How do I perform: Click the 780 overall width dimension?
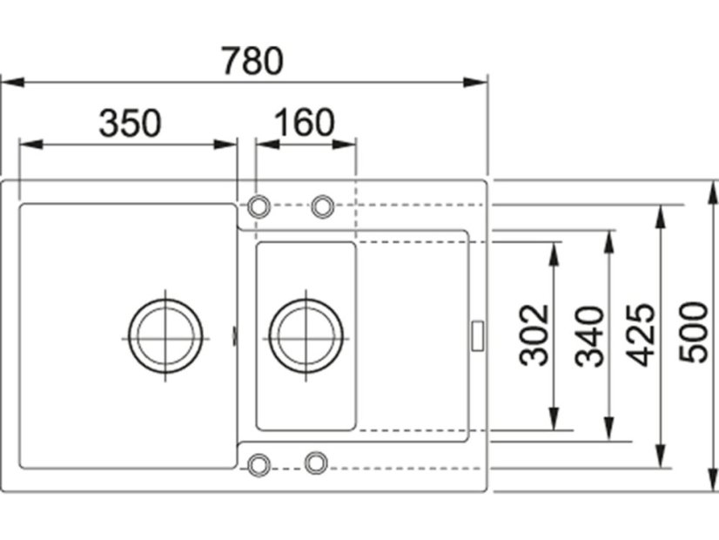point(252,61)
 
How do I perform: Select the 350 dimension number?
point(130,124)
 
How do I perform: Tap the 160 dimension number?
point(304,124)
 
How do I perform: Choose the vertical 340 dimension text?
point(589,336)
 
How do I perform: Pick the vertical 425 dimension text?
point(642,334)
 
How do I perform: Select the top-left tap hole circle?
point(259,206)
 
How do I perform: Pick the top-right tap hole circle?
point(323,206)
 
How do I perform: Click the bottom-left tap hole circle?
point(259,463)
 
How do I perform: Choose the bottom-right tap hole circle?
point(316,462)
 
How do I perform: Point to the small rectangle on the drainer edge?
point(478,335)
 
